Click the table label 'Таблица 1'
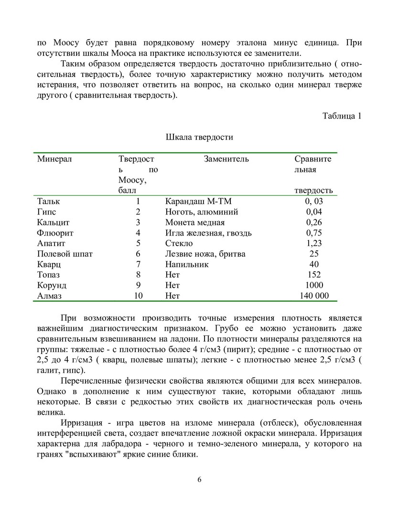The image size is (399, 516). point(342,116)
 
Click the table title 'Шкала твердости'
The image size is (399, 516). point(199,138)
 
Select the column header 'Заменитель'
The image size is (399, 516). point(226,159)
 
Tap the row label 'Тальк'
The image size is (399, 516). point(49,201)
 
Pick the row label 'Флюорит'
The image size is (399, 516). point(55,233)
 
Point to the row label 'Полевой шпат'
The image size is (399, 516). point(65,254)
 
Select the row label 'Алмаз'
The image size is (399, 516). point(50,296)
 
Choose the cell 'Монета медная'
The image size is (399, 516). point(194,222)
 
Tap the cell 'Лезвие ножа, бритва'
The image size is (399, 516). point(205,254)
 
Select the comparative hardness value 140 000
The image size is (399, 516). point(314,296)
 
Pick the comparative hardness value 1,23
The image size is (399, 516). point(314,243)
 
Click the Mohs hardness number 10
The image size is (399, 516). point(139,296)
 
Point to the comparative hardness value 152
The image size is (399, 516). point(314,275)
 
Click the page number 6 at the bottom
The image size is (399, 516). point(199,480)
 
